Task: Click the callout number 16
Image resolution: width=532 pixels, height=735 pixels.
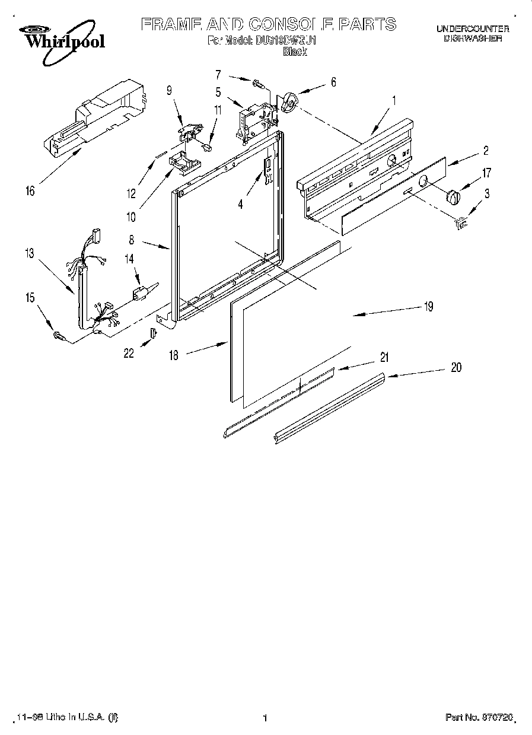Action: [30, 190]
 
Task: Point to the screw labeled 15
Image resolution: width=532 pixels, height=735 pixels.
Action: [59, 336]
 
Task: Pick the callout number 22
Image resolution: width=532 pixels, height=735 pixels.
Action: [128, 353]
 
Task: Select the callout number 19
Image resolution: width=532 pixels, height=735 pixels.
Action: [428, 307]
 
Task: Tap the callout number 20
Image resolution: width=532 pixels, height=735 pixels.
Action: [455, 368]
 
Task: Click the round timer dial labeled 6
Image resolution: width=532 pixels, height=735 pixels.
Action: [289, 102]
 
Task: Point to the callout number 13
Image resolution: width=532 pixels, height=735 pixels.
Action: [29, 254]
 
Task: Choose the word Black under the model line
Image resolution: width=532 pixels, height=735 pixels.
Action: [295, 52]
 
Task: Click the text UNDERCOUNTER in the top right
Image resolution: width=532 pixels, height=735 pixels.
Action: [472, 28]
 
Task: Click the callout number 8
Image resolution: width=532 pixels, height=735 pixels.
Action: [131, 241]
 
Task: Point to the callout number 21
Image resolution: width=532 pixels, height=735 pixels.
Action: [384, 357]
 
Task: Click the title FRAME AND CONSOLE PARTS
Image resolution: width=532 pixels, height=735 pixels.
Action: [268, 24]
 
